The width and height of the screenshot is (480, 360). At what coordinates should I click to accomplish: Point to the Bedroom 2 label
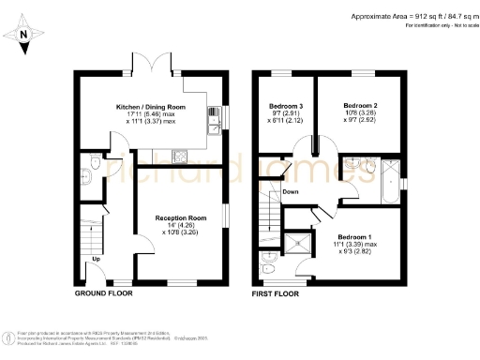[360, 105]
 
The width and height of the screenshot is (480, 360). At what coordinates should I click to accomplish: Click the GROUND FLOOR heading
[103, 293]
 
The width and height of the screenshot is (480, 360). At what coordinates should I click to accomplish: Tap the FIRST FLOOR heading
[276, 293]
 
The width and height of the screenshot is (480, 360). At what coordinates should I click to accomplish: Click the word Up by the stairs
[96, 259]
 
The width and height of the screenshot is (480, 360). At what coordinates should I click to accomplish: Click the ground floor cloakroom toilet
[84, 171]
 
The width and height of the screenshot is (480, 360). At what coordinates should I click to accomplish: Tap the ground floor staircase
[90, 230]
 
